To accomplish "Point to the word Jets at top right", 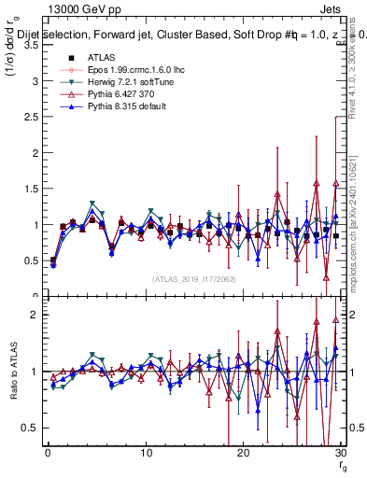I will (x=332, y=8).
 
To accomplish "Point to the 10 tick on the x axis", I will (x=145, y=454).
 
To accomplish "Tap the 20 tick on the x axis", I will (x=243, y=454).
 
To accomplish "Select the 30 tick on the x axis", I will (x=340, y=454).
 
